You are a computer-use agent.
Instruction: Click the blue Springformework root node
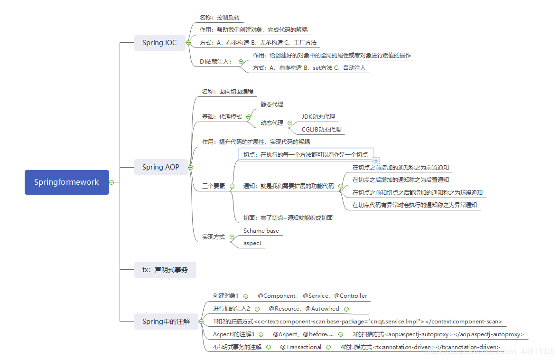point(66,182)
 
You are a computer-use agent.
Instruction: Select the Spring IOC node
point(159,43)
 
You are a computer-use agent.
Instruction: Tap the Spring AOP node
point(160,167)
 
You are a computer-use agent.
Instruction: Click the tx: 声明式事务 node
point(165,270)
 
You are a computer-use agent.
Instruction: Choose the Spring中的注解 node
point(166,322)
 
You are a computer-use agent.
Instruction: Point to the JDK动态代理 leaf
point(318,116)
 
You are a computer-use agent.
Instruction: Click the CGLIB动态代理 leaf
point(321,129)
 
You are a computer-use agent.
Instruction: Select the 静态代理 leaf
point(271,104)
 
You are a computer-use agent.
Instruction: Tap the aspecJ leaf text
point(252,243)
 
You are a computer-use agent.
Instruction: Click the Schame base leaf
point(261,231)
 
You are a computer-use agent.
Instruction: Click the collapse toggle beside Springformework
point(112,182)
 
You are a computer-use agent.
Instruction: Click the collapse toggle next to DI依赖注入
point(241,62)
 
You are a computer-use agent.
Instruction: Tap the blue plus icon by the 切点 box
point(376,161)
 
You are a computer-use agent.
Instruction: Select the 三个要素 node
point(214,186)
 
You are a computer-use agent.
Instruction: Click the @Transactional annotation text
point(300,347)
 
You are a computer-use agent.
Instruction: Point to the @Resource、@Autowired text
point(304,309)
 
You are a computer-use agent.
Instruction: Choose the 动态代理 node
point(271,123)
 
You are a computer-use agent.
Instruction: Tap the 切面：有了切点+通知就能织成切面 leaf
point(288,218)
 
